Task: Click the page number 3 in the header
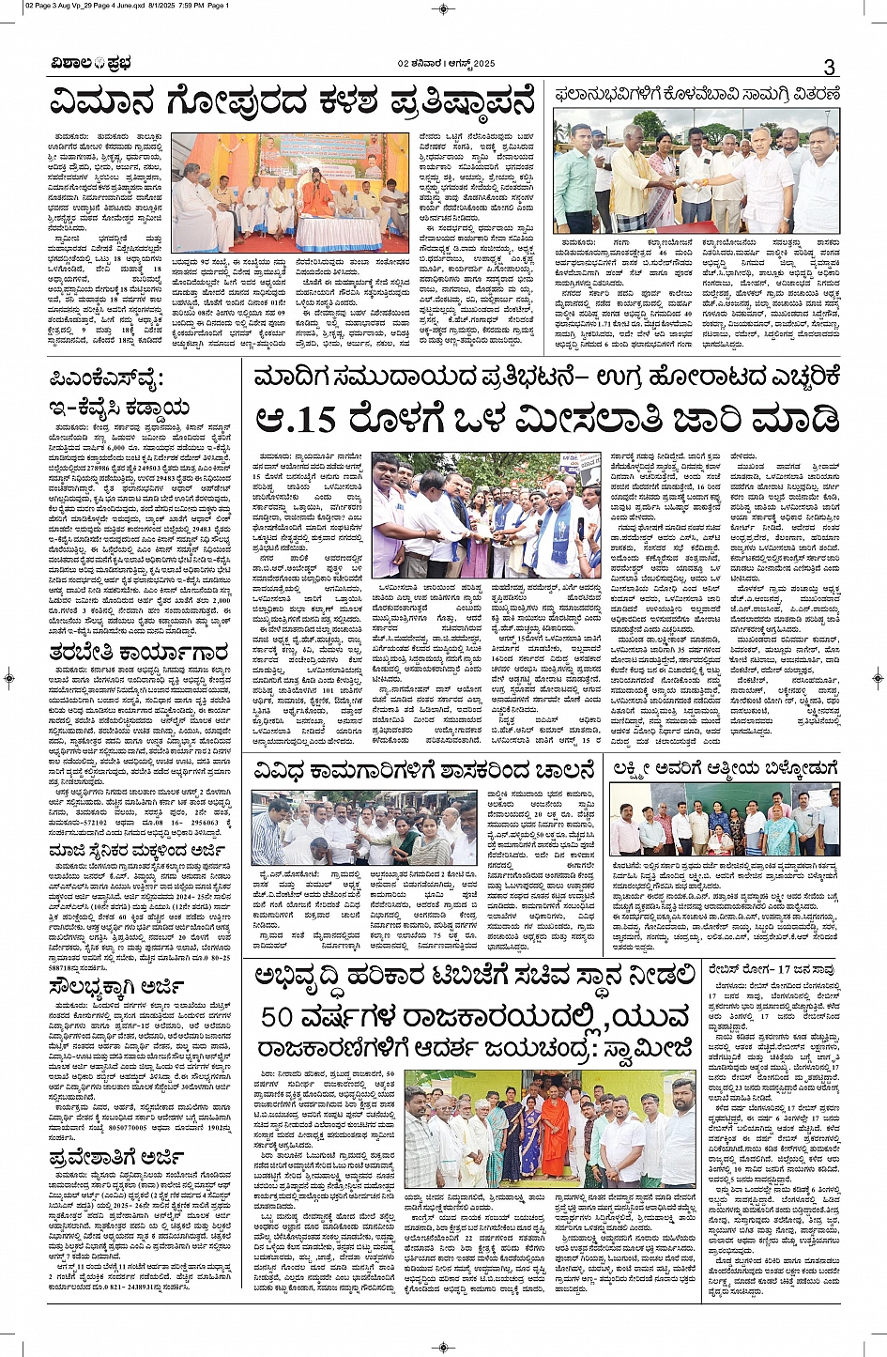click(x=830, y=67)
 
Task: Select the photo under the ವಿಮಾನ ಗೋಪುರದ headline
click(x=290, y=193)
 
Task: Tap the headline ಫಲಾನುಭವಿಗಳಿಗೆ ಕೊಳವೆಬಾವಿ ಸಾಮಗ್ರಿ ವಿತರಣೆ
click(x=696, y=93)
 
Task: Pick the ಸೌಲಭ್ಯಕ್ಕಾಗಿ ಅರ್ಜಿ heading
click(x=117, y=986)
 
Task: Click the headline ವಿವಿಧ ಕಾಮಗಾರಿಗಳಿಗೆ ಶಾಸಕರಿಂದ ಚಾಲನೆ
click(x=424, y=771)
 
